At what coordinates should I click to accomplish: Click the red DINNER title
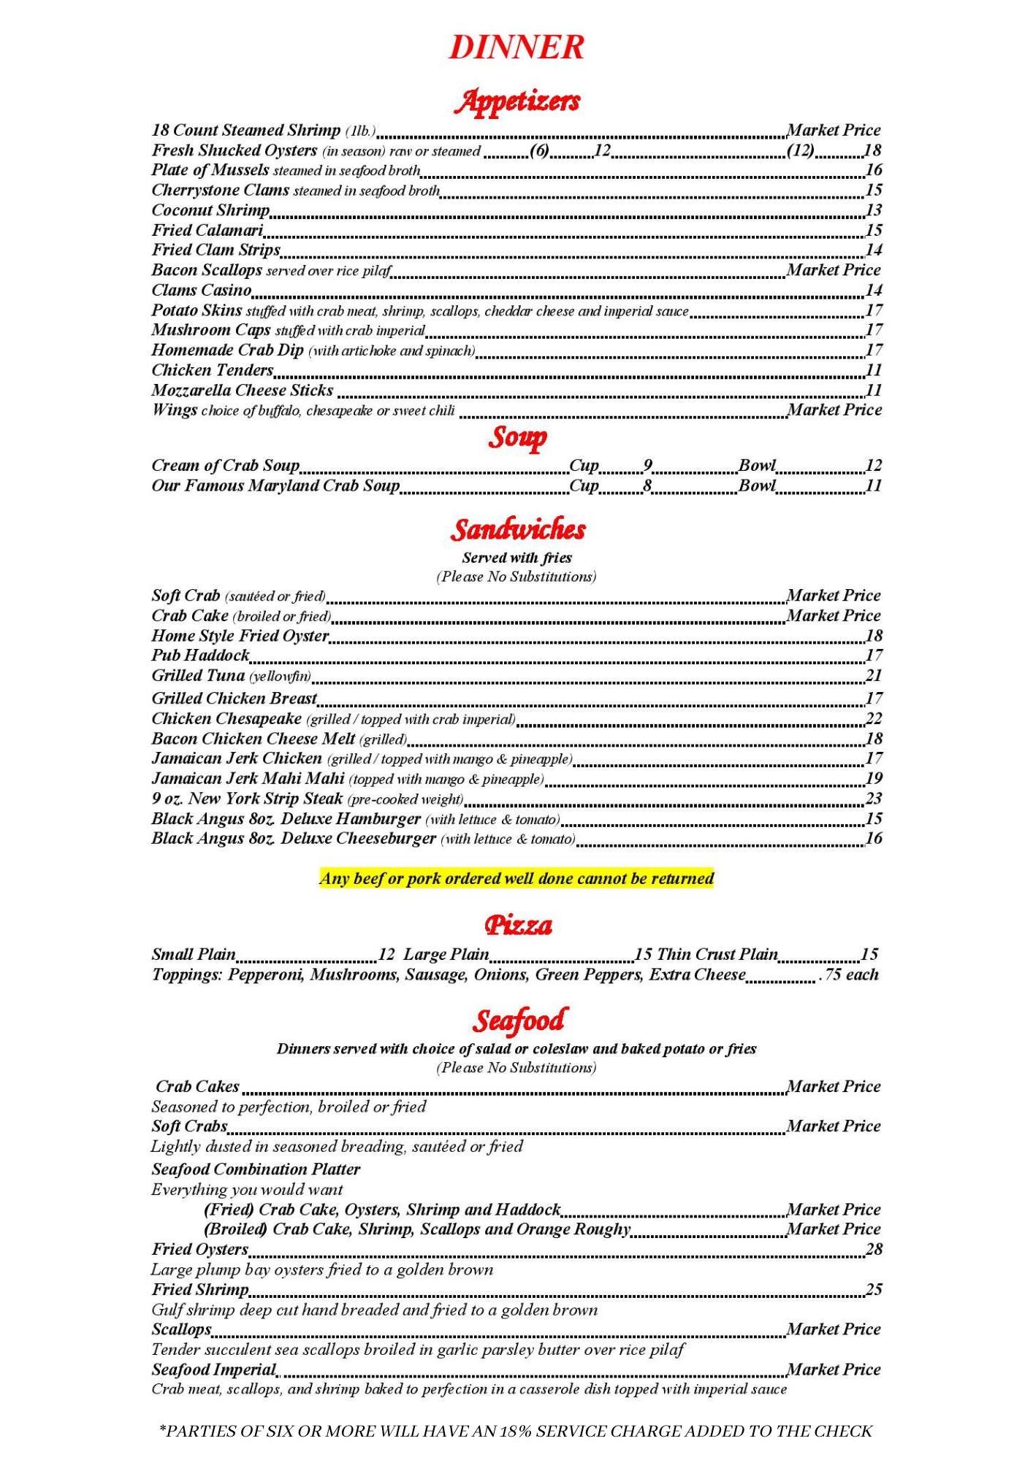pyautogui.click(x=516, y=47)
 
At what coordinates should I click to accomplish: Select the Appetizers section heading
pyautogui.click(x=516, y=101)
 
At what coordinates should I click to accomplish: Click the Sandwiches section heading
pyautogui.click(x=517, y=529)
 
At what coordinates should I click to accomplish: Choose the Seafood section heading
pyautogui.click(x=518, y=1020)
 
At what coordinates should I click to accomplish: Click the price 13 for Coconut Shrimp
pyautogui.click(x=874, y=210)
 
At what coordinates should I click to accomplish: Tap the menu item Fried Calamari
pyautogui.click(x=207, y=231)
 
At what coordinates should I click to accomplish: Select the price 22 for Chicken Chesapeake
pyautogui.click(x=874, y=718)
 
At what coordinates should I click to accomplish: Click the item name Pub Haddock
pyautogui.click(x=200, y=656)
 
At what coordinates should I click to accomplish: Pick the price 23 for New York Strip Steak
pyautogui.click(x=874, y=798)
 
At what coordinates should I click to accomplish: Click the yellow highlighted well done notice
pyautogui.click(x=516, y=878)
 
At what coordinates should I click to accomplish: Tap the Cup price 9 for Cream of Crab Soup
pyautogui.click(x=647, y=466)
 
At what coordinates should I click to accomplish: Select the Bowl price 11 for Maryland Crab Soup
pyautogui.click(x=874, y=485)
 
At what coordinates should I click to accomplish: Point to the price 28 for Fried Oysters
pyautogui.click(x=874, y=1249)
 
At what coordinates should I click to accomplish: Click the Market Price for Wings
pyautogui.click(x=834, y=410)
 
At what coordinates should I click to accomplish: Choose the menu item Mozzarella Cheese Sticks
pyautogui.click(x=242, y=391)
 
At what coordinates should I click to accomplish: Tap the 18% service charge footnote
pyautogui.click(x=516, y=1432)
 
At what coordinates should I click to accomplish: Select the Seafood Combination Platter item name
pyautogui.click(x=256, y=1169)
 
